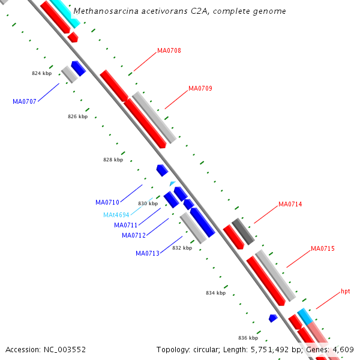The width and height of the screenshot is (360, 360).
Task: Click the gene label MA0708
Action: pyautogui.click(x=169, y=50)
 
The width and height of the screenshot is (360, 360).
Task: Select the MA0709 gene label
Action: pyautogui.click(x=200, y=88)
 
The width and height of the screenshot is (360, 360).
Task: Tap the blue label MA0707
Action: pyautogui.click(x=25, y=101)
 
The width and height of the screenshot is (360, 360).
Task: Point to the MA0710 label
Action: pyautogui.click(x=107, y=202)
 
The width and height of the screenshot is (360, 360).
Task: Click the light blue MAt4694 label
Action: pyautogui.click(x=116, y=215)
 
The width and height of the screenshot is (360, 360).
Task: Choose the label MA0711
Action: pyautogui.click(x=126, y=225)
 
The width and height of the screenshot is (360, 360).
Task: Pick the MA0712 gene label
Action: pyautogui.click(x=134, y=235)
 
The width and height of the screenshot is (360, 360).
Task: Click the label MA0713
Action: pyautogui.click(x=148, y=253)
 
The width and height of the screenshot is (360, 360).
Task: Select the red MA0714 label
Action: pyautogui.click(x=290, y=205)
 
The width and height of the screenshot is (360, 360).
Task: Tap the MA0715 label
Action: pyautogui.click(x=323, y=248)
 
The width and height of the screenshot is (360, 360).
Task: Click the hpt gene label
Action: pyautogui.click(x=346, y=291)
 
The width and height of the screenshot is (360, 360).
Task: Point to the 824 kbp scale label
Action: pyautogui.click(x=42, y=73)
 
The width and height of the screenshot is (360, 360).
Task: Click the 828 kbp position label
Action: pyautogui.click(x=113, y=160)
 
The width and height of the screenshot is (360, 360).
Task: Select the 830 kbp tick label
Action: pyautogui.click(x=148, y=203)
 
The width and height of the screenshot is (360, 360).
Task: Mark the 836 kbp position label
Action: pyautogui.click(x=248, y=338)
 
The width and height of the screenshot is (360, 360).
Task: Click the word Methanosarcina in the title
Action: pyautogui.click(x=101, y=11)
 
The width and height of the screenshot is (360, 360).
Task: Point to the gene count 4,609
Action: pyautogui.click(x=343, y=349)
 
